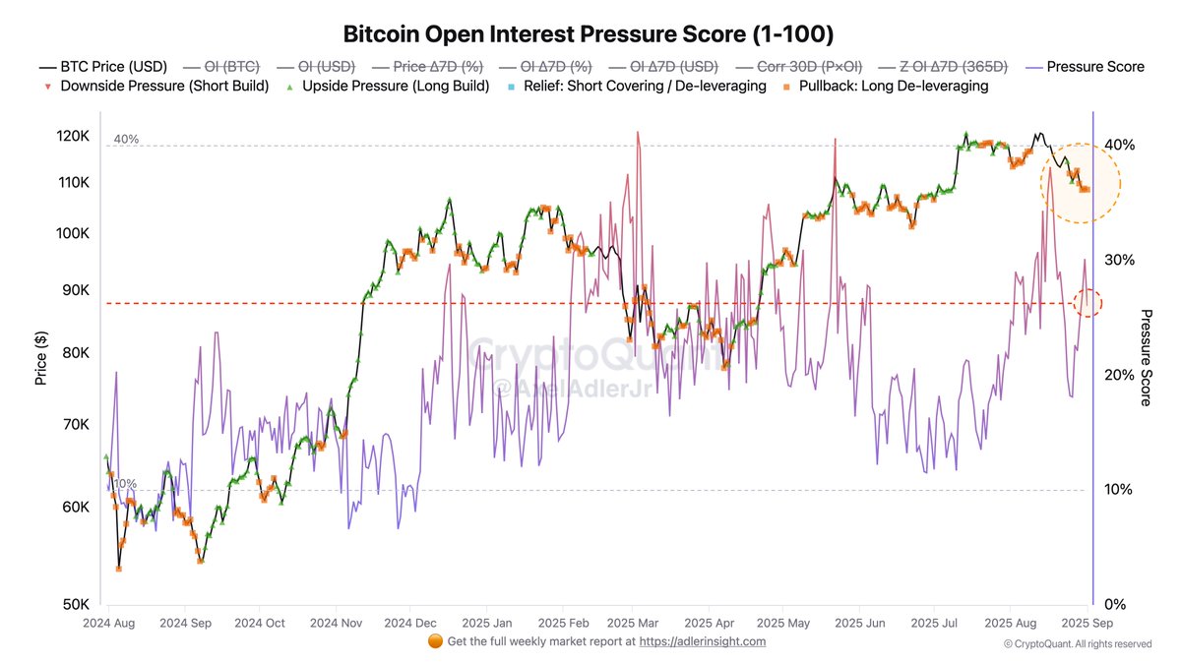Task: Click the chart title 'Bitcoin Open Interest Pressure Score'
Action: (589, 33)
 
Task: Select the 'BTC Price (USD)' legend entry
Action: (103, 67)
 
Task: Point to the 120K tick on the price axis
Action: (76, 136)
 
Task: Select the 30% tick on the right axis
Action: (1119, 260)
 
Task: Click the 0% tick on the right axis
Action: (1115, 604)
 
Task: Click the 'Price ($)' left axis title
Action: (41, 358)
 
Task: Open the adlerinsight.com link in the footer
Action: (702, 641)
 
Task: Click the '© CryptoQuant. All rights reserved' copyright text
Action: (1078, 644)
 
